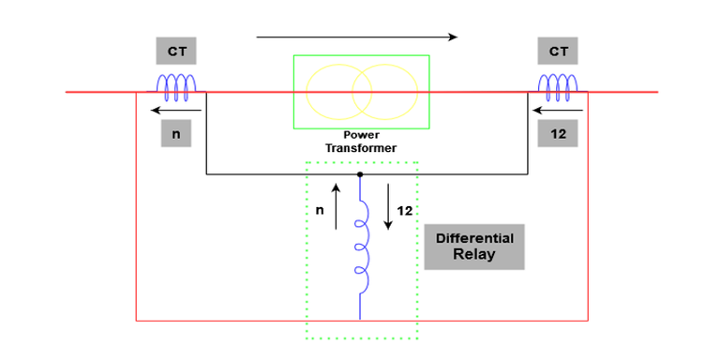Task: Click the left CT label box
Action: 176,52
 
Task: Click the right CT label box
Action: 557,52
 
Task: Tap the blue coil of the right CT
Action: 559,87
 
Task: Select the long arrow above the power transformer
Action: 356,37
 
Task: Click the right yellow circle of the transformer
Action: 383,92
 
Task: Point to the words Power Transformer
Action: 361,142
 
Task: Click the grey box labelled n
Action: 176,134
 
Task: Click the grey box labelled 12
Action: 558,134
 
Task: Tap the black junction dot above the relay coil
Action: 360,174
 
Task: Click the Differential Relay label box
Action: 474,247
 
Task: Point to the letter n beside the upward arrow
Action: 320,211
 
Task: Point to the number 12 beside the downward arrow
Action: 404,211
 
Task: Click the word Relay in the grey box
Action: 474,255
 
